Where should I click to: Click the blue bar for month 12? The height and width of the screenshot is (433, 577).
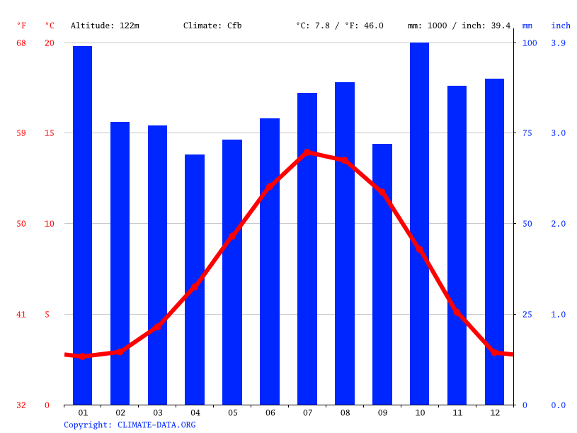[x=494, y=242]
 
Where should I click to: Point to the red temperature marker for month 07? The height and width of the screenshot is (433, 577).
[x=307, y=152]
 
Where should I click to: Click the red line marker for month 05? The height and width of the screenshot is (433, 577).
[x=232, y=236]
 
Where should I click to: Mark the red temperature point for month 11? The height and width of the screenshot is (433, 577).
[x=457, y=311]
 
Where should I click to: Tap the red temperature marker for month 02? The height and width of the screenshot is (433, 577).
[x=120, y=352]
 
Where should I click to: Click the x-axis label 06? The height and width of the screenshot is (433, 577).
[x=270, y=412]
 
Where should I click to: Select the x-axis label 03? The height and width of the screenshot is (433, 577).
[x=157, y=412]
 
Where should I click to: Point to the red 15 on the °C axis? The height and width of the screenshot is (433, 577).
[x=50, y=133]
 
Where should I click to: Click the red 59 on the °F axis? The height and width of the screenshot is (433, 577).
[x=21, y=133]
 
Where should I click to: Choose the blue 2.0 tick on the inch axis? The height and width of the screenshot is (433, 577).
[x=559, y=224]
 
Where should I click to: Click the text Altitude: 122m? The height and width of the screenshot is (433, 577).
[x=105, y=26]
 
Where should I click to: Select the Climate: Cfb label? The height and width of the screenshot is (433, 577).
[x=212, y=26]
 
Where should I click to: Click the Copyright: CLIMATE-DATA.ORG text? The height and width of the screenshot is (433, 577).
[x=130, y=425]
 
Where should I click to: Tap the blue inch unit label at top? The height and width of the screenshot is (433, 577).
[x=561, y=26]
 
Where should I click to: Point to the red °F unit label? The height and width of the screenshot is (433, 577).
[x=21, y=26]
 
